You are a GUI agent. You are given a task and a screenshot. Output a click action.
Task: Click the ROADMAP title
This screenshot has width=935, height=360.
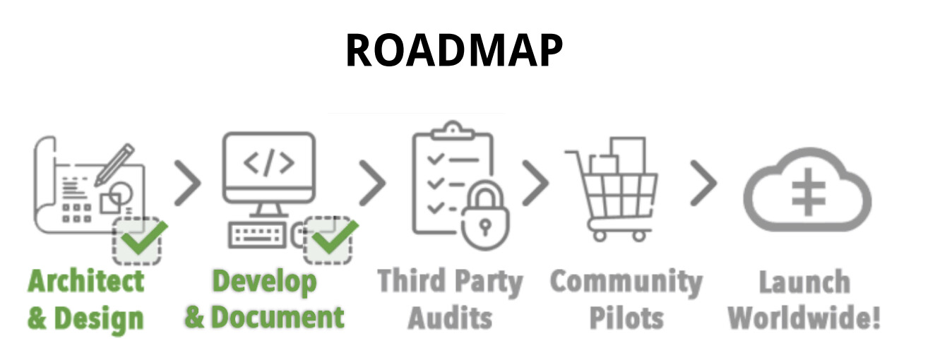pos(453,50)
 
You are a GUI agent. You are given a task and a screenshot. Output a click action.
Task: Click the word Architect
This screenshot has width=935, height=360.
pos(86,281)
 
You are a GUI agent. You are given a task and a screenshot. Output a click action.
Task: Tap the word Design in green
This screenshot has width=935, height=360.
pos(99,318)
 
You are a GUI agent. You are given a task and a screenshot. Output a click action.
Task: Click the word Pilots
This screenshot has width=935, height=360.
pos(626,318)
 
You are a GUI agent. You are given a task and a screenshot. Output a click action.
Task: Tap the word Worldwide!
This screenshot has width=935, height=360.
pos(804,318)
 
